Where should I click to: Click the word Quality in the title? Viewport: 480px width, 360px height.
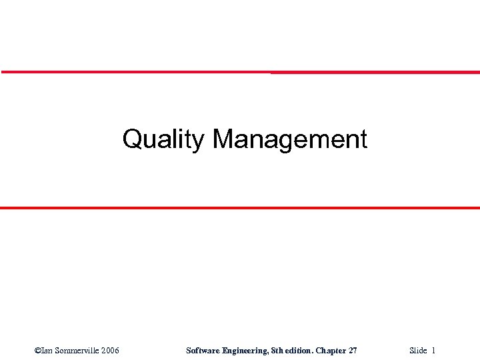tap(163, 139)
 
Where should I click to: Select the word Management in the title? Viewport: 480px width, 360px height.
tap(290, 139)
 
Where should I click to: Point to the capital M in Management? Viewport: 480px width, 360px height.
tap(223, 139)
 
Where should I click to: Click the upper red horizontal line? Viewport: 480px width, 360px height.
tap(240, 72)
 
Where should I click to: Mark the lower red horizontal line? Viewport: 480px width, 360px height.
tap(240, 208)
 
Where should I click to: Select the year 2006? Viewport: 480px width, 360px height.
tap(110, 350)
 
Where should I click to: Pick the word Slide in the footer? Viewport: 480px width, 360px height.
tap(418, 350)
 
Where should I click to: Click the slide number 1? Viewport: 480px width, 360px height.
tap(434, 350)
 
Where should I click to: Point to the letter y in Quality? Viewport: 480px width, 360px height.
tap(201, 141)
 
